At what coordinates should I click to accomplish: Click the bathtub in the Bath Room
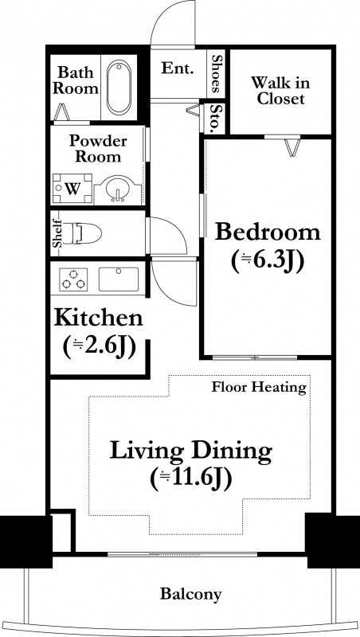pos(119,87)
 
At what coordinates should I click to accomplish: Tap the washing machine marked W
pos(72,189)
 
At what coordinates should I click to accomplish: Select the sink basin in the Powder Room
pos(118,190)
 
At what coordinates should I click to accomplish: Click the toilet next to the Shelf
pos(83,233)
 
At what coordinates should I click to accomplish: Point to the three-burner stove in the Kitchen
pos(73,279)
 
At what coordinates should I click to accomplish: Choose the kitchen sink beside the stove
pos(119,279)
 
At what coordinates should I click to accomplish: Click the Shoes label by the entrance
pos(216,73)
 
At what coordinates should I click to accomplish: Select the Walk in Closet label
pos(280,91)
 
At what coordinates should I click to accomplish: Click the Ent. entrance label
pos(177,68)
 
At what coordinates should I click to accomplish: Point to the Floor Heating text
pos(259,387)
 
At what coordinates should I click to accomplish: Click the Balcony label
pos(191,594)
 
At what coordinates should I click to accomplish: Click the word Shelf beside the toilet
pos(57,233)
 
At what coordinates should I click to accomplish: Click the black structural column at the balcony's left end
pos(26,541)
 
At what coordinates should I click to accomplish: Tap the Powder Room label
pos(98,149)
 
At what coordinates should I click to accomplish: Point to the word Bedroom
pos(268,233)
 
